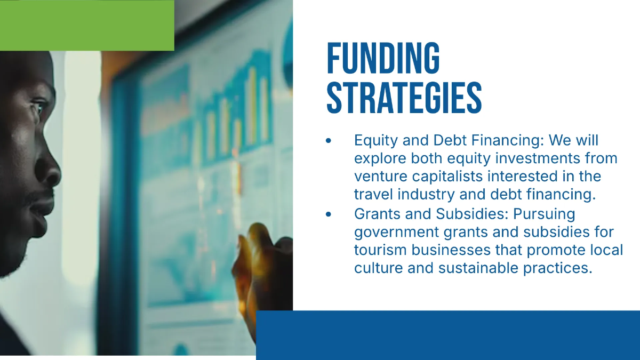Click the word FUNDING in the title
pos(383,58)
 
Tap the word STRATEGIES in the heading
pos(404,98)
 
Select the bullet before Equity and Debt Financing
pos(329,141)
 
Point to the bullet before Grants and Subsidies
pos(329,214)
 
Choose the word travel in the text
pos(374,194)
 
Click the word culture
pos(379,268)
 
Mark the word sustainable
pos(478,268)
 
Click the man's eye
pos(38,107)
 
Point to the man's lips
pos(43,207)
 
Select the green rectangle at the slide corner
pos(87,26)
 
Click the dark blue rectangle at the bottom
pos(448,335)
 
